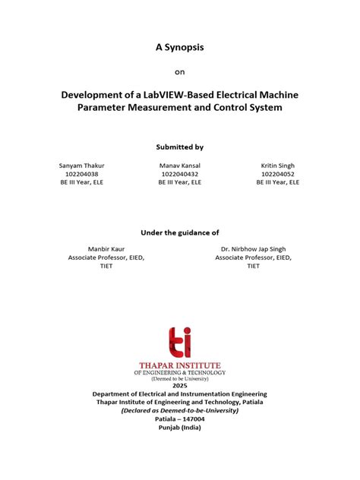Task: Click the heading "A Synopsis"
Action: pyautogui.click(x=179, y=47)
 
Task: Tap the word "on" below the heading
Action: pyautogui.click(x=179, y=73)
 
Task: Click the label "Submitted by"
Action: pyautogui.click(x=179, y=147)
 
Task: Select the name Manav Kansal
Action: pyautogui.click(x=179, y=165)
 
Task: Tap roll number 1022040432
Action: pyautogui.click(x=179, y=174)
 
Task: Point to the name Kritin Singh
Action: pyautogui.click(x=277, y=165)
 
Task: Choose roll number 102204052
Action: pyautogui.click(x=277, y=174)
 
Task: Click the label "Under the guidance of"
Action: pyautogui.click(x=179, y=232)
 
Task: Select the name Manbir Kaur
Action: pyautogui.click(x=106, y=249)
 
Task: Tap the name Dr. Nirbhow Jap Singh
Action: pyautogui.click(x=252, y=249)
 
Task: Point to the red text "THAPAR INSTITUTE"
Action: pyautogui.click(x=180, y=364)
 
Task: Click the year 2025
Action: pyautogui.click(x=180, y=386)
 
